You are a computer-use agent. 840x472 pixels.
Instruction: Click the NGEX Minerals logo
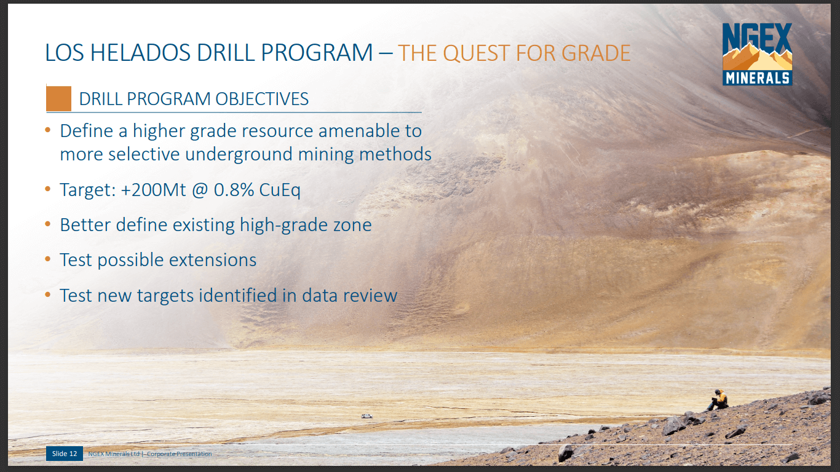pyautogui.click(x=757, y=54)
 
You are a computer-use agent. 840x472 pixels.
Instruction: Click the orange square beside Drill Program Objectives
pyautogui.click(x=59, y=99)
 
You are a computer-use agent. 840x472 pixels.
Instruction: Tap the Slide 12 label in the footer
pyautogui.click(x=64, y=454)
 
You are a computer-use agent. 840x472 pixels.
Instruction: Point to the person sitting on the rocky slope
pyautogui.click(x=718, y=399)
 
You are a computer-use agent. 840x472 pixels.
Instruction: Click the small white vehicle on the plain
pyautogui.click(x=367, y=416)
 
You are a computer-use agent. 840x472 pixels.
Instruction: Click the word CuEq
pyautogui.click(x=280, y=190)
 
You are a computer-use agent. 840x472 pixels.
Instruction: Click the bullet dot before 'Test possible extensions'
pyautogui.click(x=48, y=260)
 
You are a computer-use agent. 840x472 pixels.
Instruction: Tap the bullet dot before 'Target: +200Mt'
pyautogui.click(x=48, y=190)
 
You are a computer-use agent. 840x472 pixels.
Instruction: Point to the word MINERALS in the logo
pyautogui.click(x=757, y=78)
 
